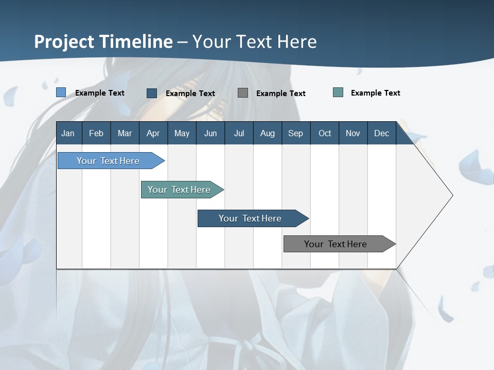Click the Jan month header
pyautogui.click(x=68, y=133)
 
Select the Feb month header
pyautogui.click(x=96, y=133)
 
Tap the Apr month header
pyautogui.click(x=153, y=133)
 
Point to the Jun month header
pyautogui.click(x=210, y=133)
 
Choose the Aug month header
pyautogui.click(x=268, y=133)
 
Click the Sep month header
pyautogui.click(x=296, y=133)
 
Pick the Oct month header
pyautogui.click(x=325, y=133)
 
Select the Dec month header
pyautogui.click(x=382, y=133)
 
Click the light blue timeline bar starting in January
pyautogui.click(x=108, y=161)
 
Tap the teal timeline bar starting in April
pyautogui.click(x=179, y=190)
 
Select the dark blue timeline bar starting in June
pyautogui.click(x=250, y=218)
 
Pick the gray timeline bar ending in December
pyautogui.click(x=336, y=244)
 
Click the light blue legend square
pyautogui.click(x=61, y=92)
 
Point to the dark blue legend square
pyautogui.click(x=152, y=93)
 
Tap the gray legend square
pyautogui.click(x=243, y=92)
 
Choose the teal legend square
pyautogui.click(x=338, y=92)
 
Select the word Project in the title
pyautogui.click(x=63, y=42)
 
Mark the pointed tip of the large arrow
pyautogui.click(x=452, y=195)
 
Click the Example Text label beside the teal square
pyautogui.click(x=375, y=93)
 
